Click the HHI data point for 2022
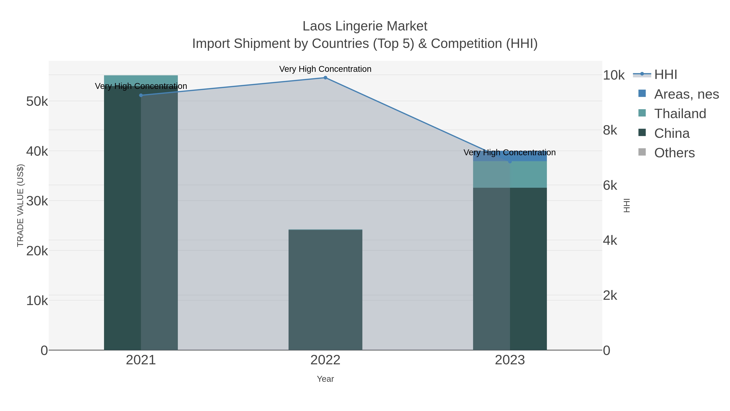[x=325, y=78]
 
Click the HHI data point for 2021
[x=141, y=95]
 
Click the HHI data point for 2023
[x=510, y=161]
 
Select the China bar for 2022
[x=325, y=289]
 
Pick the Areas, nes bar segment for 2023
[x=510, y=156]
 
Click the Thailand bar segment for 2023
[x=510, y=174]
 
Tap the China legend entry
[x=672, y=133]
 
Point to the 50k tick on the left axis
[x=37, y=101]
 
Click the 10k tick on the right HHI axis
[x=614, y=75]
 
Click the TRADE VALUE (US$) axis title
[x=20, y=205]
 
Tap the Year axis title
[x=325, y=379]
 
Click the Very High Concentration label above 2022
[x=325, y=69]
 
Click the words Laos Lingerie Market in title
[x=365, y=26]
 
